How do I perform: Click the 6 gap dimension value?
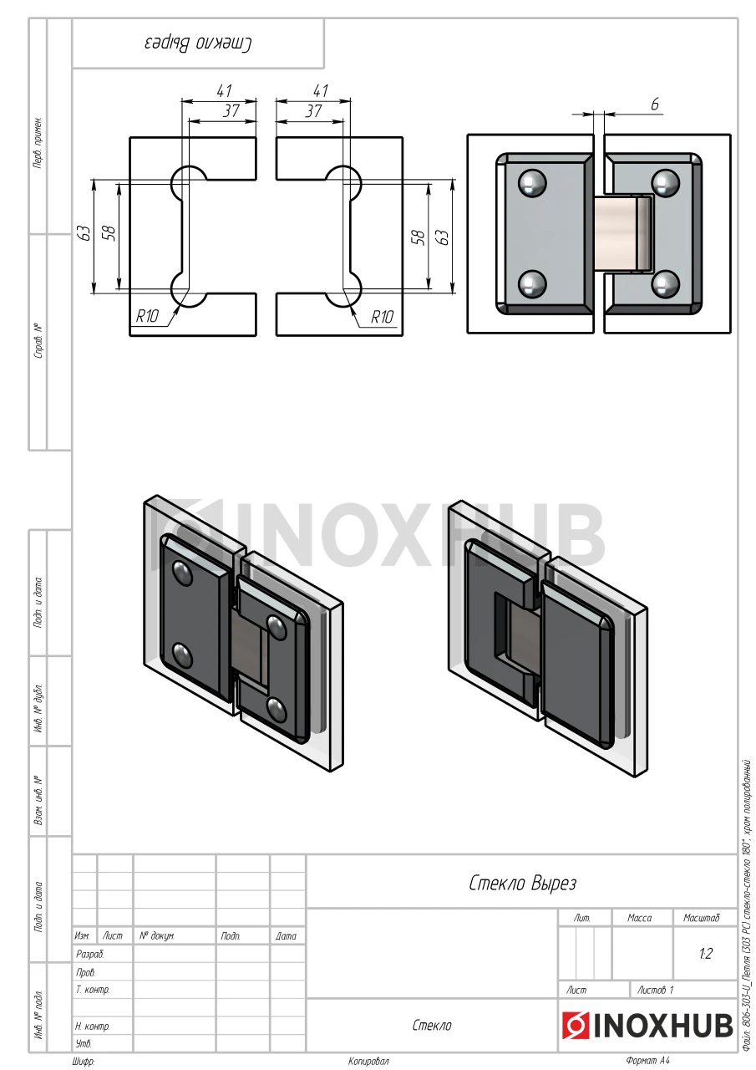click(655, 104)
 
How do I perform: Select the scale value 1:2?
click(705, 954)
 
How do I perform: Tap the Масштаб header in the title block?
click(701, 918)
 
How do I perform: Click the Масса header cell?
click(640, 918)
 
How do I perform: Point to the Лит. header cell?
click(581, 918)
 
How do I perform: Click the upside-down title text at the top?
click(198, 43)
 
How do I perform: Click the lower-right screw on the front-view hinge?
click(665, 283)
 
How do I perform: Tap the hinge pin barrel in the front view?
click(624, 233)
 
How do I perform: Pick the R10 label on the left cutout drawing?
click(147, 316)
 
